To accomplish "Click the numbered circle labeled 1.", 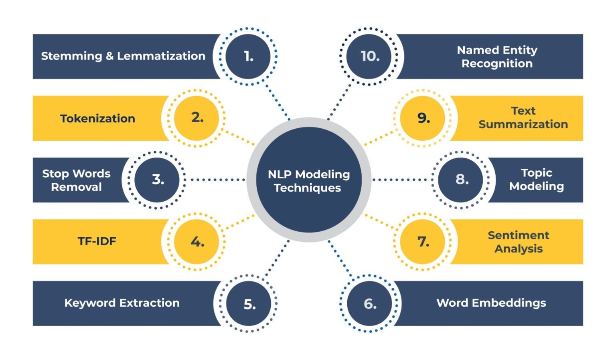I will coord(248,57).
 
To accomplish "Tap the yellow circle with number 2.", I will coord(197,118).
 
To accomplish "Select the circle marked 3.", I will coord(157,180).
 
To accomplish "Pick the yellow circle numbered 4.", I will coord(197,241).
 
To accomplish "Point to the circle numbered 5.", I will coord(249,303).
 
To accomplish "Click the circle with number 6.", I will coord(369,303).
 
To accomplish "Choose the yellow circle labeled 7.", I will coord(423,241).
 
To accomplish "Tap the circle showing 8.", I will coord(461,180).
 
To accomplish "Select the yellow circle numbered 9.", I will coord(423,118).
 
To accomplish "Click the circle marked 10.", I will coord(369,57).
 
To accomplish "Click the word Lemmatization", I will coord(161,56).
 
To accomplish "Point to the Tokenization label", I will coord(97,119).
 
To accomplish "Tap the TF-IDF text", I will coord(97,241).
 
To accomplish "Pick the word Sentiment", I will coord(518,235).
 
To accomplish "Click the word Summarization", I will coord(523,125).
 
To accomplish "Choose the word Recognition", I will coord(497,64).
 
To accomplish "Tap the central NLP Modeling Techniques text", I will coord(308,181).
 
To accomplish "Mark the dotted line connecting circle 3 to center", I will coord(217,180).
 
